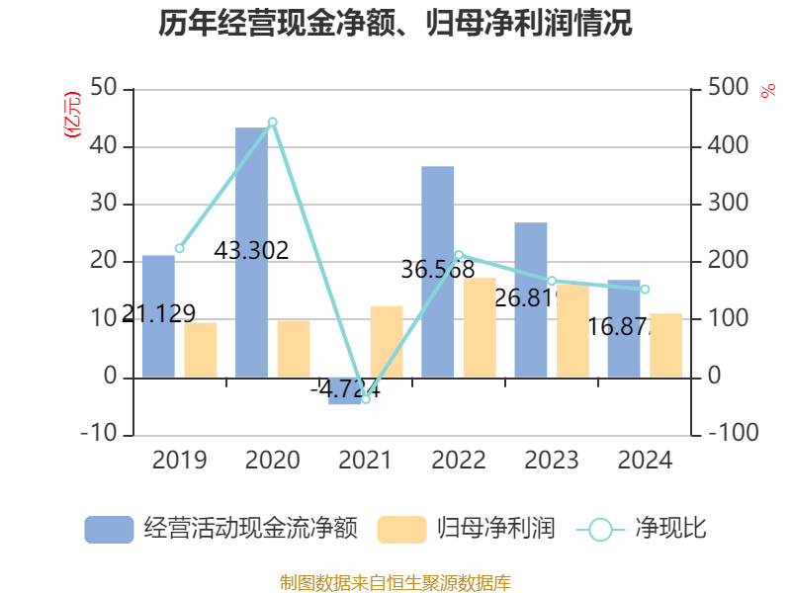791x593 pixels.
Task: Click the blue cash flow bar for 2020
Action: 251,252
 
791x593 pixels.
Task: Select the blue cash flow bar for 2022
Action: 437,272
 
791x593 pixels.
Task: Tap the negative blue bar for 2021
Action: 344,391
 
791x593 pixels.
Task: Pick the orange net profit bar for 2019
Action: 201,350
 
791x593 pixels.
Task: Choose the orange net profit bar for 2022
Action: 480,327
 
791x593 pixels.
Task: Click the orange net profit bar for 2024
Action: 665,345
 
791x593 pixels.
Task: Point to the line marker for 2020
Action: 272,122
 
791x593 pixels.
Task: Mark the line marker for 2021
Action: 365,399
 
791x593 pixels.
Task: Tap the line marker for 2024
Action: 645,290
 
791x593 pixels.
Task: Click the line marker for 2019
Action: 179,248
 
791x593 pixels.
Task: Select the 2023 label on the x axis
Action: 552,461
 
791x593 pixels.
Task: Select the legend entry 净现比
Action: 642,529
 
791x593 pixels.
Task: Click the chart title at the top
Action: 395,24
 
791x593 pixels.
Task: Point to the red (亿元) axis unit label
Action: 71,115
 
